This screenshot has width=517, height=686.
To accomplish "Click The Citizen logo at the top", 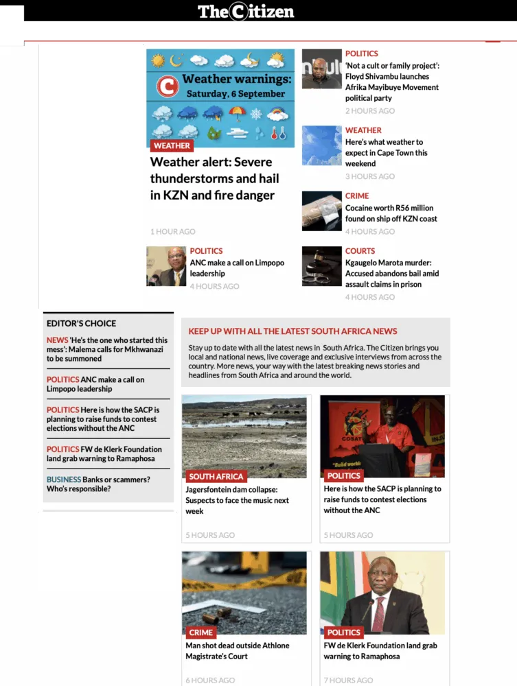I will pyautogui.click(x=246, y=12).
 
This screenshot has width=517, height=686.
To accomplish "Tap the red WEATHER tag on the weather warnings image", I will pyautogui.click(x=172, y=145).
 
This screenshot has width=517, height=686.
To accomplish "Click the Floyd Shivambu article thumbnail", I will pyautogui.click(x=321, y=69).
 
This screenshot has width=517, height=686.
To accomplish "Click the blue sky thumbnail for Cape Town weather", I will pyautogui.click(x=321, y=145).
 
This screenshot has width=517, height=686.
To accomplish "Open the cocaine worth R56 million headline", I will pyautogui.click(x=391, y=213).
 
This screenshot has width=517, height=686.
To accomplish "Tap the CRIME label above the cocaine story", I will pyautogui.click(x=357, y=196).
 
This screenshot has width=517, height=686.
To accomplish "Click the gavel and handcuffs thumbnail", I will pyautogui.click(x=321, y=266).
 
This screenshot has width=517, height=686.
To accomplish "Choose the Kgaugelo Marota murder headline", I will pyautogui.click(x=391, y=273).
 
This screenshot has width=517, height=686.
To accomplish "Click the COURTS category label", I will pyautogui.click(x=360, y=251).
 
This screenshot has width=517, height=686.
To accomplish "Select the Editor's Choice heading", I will pyautogui.click(x=81, y=323).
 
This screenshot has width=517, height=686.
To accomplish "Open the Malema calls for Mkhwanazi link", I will pyautogui.click(x=107, y=349).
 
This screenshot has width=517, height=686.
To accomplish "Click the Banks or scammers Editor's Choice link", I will pyautogui.click(x=97, y=484).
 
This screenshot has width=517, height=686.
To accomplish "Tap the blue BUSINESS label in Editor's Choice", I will pyautogui.click(x=63, y=480).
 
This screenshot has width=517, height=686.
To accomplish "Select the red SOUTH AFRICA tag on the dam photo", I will pyautogui.click(x=216, y=476).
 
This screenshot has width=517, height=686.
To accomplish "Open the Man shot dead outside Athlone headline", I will pyautogui.click(x=237, y=650).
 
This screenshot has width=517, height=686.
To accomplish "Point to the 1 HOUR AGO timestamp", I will pyautogui.click(x=173, y=232).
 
